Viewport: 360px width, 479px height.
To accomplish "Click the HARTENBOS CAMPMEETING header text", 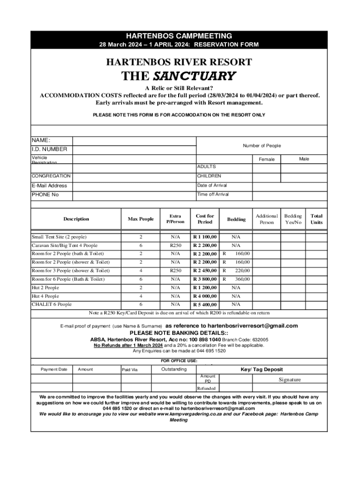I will pos(179,36).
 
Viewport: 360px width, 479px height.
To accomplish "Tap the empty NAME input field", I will pos(134,141).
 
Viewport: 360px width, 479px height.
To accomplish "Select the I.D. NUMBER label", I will pos(49,149).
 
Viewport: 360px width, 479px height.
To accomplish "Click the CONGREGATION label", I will pos(51,176).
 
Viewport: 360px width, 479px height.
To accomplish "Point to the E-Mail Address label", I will pos(49,186).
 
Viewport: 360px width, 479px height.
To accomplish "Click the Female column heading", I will pos(267,160).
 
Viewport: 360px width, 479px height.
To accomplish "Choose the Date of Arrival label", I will pos(212,185).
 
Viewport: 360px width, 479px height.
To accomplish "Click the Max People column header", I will pos(141,219).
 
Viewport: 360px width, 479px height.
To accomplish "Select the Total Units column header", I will pos(317,219).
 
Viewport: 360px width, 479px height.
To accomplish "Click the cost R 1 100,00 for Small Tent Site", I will pos(205,237).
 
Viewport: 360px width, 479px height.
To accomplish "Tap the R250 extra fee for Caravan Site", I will pos(175,246).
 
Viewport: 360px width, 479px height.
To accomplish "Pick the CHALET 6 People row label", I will pos(52,305).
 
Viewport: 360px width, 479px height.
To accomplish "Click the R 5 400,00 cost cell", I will pos(205,305).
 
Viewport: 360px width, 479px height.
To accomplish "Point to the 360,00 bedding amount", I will pos(242,279).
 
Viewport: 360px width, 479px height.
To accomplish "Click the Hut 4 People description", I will pos(45,296).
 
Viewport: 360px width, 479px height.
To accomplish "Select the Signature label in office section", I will pos(290,380).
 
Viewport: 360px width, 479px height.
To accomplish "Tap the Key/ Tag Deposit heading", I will pos(261,370).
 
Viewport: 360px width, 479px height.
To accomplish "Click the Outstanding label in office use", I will pos(174,370).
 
